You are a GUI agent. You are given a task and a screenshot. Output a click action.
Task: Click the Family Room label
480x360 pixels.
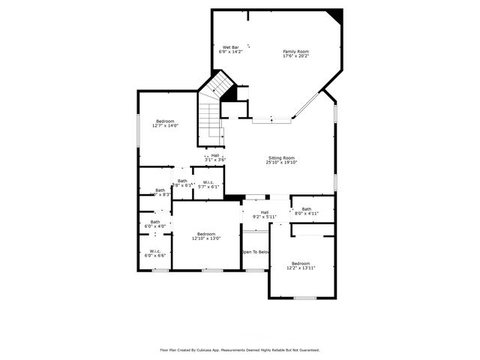(295, 51)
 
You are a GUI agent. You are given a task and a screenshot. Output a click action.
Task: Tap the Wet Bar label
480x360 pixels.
(230, 47)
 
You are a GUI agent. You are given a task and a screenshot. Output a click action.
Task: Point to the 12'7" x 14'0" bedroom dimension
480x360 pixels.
(165, 126)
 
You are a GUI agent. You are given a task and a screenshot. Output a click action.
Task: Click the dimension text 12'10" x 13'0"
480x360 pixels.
(205, 238)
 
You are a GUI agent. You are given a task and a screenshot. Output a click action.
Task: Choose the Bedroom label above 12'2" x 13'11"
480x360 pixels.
(301, 263)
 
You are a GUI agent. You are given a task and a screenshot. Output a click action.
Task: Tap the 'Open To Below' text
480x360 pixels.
(255, 252)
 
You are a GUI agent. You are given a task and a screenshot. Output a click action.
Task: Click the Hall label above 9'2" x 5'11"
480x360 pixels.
(265, 212)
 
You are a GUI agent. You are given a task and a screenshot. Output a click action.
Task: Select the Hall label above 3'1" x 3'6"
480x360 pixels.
(215, 155)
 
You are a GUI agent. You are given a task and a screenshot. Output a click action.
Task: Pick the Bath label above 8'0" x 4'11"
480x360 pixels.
(306, 209)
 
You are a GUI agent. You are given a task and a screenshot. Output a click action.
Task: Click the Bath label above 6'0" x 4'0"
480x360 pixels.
(155, 222)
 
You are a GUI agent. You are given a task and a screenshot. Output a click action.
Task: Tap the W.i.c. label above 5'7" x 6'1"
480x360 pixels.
(208, 181)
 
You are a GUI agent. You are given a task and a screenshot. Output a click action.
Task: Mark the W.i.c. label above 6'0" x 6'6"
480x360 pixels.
(155, 251)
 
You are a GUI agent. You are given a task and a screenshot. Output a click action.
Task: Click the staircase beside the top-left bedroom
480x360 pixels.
(211, 120)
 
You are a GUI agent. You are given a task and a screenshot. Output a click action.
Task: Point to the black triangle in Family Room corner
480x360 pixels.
(336, 16)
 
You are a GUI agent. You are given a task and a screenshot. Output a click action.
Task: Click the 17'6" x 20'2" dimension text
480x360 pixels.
(295, 56)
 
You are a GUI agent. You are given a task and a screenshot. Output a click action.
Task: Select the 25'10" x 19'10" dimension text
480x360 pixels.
(281, 163)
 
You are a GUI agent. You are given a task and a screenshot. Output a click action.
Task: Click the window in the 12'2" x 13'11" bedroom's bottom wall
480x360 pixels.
(304, 298)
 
